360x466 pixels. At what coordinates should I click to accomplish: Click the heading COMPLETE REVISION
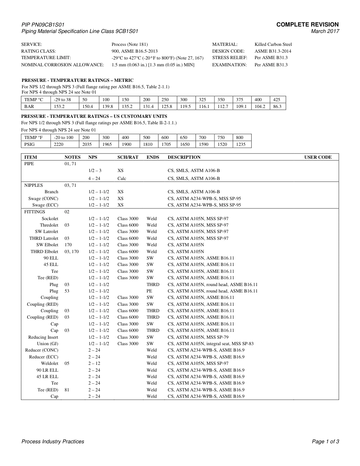[x=307, y=25]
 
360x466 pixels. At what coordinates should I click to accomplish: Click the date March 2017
[x=325, y=31]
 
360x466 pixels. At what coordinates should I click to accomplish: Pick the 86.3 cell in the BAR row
[x=277, y=106]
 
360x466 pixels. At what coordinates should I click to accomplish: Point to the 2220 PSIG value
[x=59, y=144]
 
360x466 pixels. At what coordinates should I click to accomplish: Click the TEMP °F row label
[x=33, y=138]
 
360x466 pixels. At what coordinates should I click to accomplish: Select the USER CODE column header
[x=318, y=157]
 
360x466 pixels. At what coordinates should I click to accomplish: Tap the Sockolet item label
[x=50, y=219]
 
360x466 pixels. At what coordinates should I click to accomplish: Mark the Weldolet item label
[x=50, y=363]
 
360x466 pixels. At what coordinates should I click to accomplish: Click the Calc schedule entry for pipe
[x=122, y=178]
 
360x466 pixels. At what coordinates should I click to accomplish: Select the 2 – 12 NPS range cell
[x=94, y=363]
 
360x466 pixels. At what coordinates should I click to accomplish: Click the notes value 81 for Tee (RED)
[x=67, y=390]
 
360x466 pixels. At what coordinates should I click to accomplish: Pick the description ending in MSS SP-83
[x=210, y=344]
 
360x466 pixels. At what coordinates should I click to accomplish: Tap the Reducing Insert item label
[x=43, y=337]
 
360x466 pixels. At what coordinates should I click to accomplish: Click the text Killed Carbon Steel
[x=273, y=44]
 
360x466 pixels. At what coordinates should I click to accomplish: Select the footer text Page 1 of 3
[x=325, y=441]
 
